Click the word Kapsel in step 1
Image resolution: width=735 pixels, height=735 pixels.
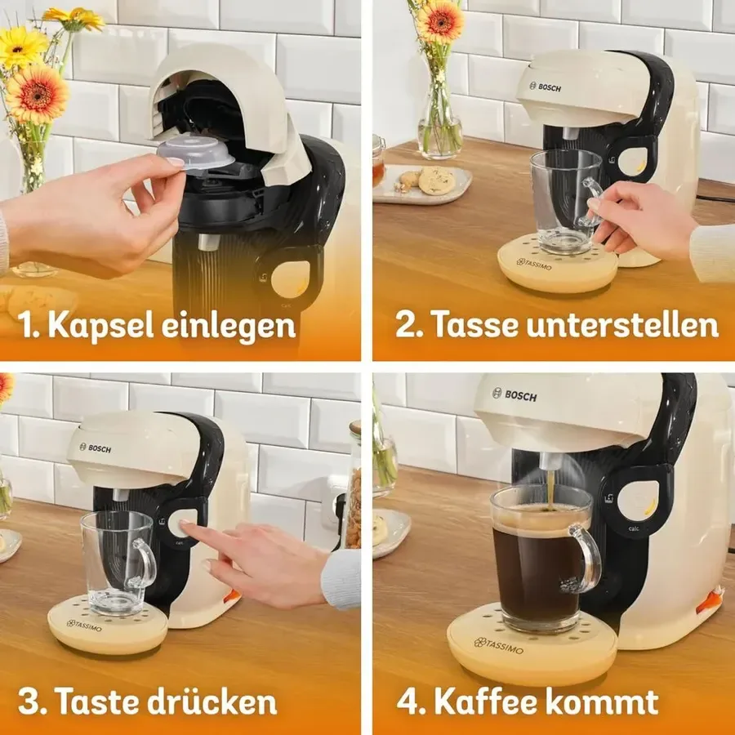(100, 325)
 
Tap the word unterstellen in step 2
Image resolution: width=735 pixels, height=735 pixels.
(622, 324)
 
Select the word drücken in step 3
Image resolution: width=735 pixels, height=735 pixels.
(212, 702)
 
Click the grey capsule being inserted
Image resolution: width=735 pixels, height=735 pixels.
(195, 153)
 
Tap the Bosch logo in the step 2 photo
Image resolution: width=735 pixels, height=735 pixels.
(545, 87)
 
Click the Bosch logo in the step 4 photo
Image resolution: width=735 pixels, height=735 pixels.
(514, 394)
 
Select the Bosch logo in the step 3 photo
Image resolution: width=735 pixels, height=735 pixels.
(96, 448)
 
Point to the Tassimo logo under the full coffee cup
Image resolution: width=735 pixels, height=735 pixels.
(498, 645)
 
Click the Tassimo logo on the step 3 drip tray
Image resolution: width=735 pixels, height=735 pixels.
(84, 626)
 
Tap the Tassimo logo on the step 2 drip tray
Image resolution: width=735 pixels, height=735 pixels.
(534, 264)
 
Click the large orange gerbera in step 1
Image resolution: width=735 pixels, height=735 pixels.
(37, 94)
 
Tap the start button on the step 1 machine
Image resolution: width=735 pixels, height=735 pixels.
(290, 280)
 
